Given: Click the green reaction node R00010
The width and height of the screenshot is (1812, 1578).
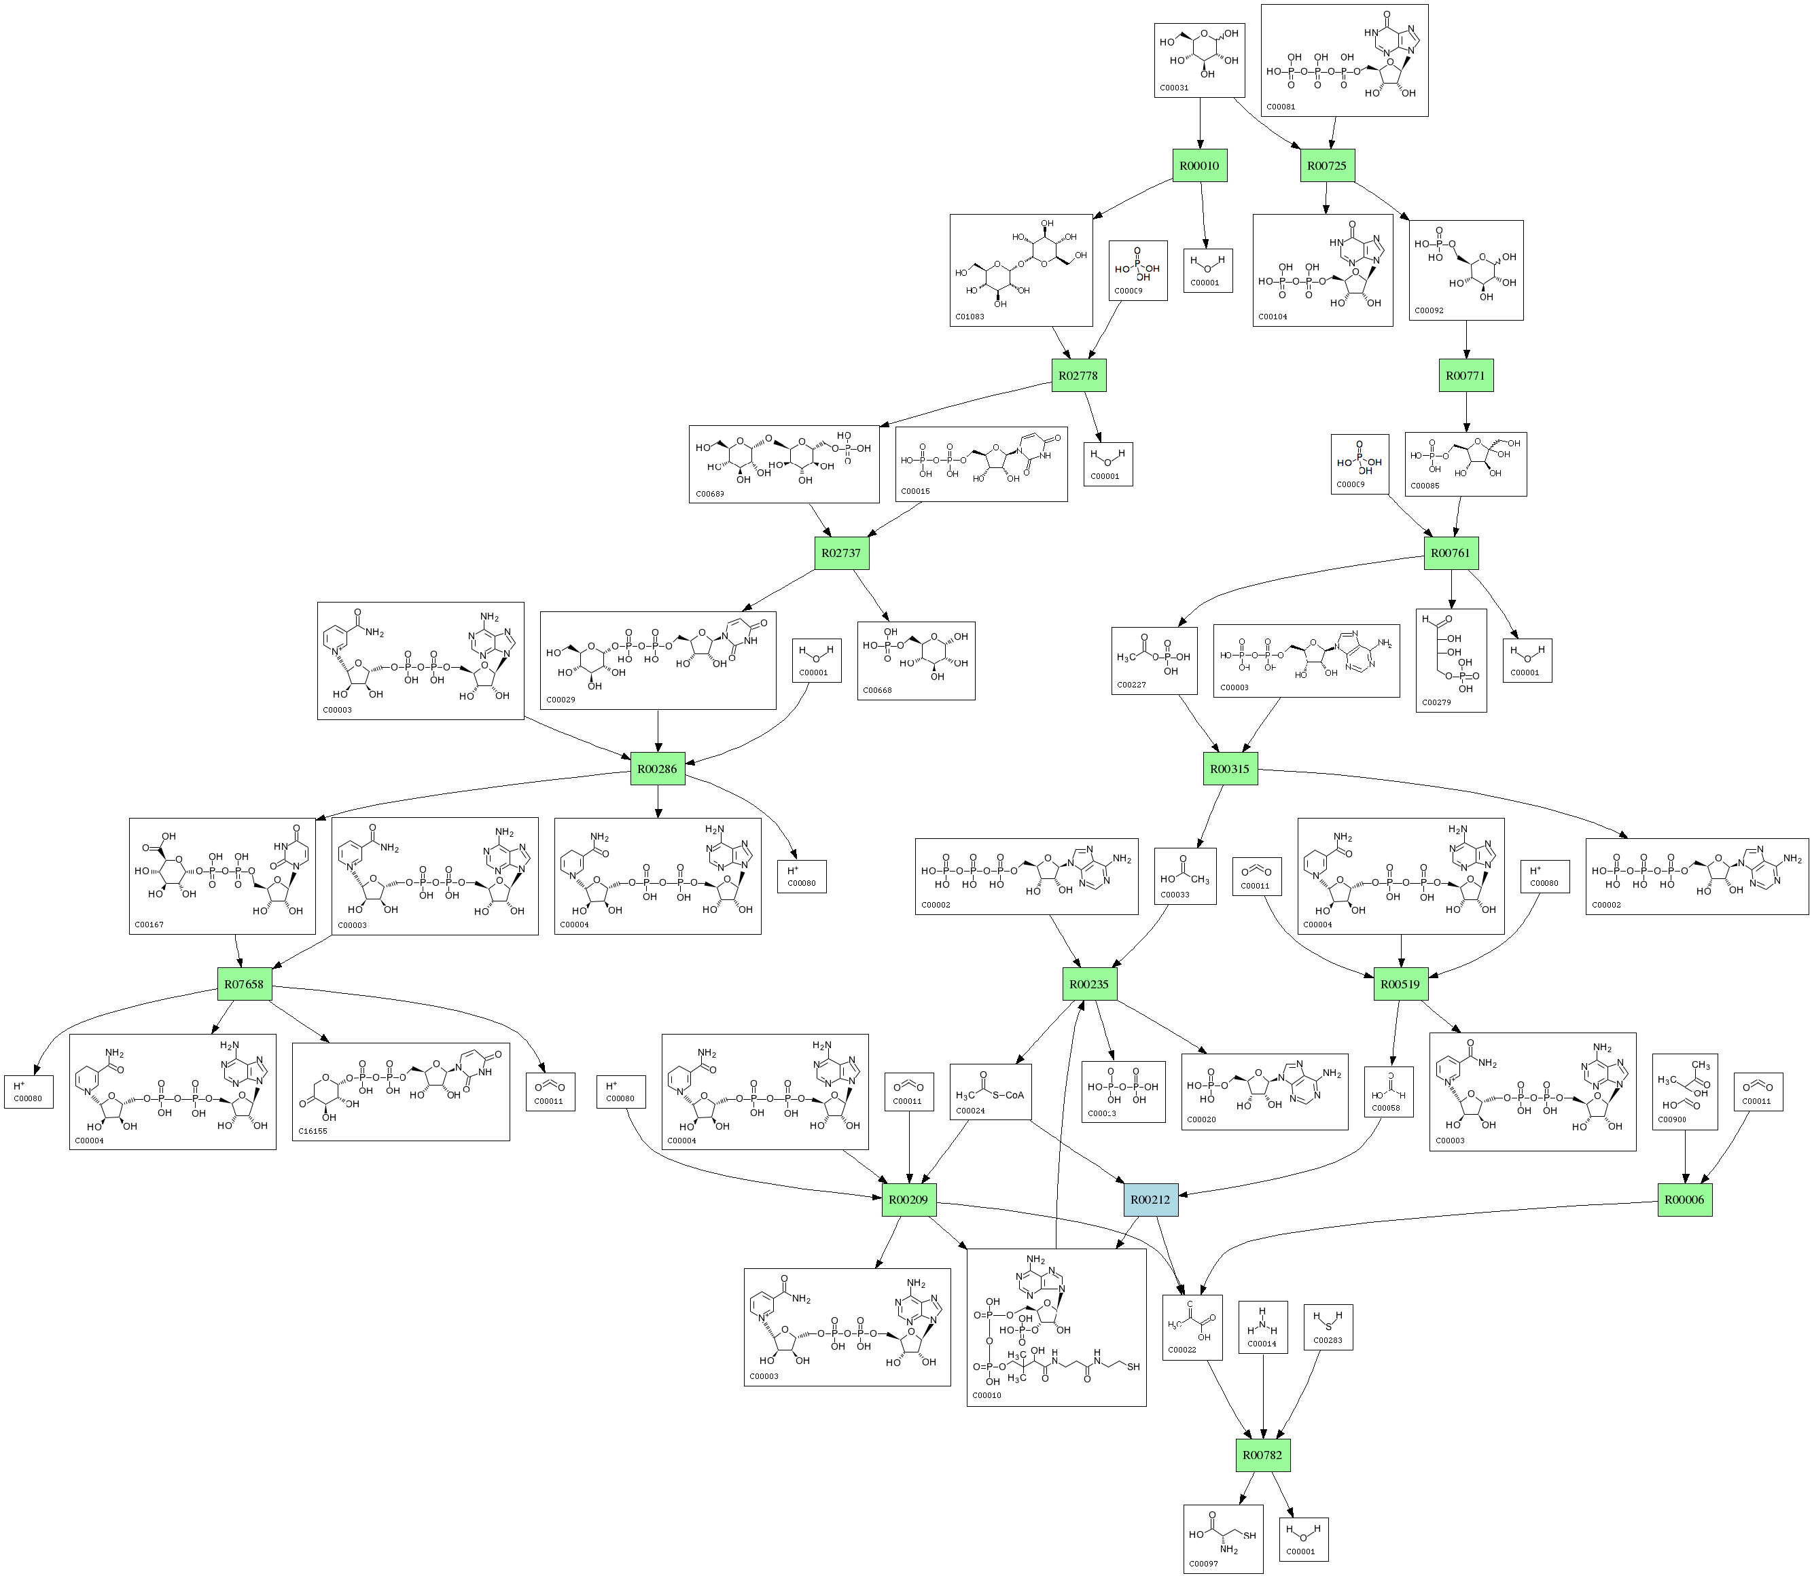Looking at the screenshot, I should click(1199, 166).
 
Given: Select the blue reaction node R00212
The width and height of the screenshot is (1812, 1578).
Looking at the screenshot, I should click(1150, 1200).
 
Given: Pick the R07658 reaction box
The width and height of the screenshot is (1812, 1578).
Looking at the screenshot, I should click(244, 984).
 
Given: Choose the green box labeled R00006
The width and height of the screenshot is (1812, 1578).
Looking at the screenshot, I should click(1684, 1200).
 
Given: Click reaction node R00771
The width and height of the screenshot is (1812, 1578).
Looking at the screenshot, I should click(1465, 375).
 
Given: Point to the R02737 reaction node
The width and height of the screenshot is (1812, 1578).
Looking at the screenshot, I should click(840, 553).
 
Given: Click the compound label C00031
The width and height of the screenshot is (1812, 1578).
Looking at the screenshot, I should click(1174, 88).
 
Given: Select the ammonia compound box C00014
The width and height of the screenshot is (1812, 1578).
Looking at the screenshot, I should click(1262, 1326).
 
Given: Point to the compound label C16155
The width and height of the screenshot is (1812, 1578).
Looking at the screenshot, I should click(313, 1130).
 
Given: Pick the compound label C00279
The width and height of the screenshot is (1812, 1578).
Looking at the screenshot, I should click(1436, 702).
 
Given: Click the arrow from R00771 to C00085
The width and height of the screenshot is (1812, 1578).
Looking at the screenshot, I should click(1465, 411).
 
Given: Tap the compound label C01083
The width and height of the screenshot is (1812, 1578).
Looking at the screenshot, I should click(970, 316).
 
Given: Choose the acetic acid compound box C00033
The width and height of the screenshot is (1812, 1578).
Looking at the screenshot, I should click(1185, 876).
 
